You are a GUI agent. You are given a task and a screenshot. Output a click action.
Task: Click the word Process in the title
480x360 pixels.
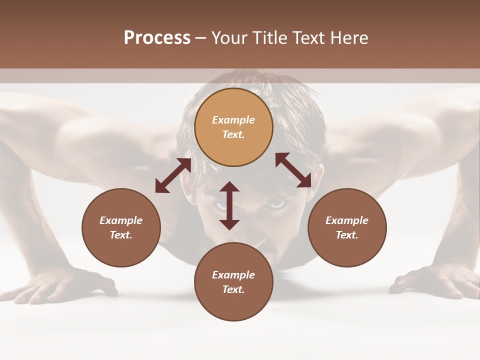(157, 38)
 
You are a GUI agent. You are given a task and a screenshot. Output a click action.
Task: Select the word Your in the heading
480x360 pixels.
(229, 38)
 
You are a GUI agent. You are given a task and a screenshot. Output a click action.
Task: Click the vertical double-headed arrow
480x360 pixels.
(229, 205)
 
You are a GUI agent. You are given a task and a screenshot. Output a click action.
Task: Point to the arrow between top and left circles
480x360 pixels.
(173, 175)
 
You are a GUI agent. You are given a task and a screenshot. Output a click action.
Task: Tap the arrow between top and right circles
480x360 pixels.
(293, 170)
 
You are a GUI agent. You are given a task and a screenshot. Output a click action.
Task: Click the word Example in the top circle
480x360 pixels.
(233, 120)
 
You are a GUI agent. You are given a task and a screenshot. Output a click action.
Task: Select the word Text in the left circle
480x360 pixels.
(121, 235)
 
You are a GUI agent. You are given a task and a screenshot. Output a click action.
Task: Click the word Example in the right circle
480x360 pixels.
(347, 220)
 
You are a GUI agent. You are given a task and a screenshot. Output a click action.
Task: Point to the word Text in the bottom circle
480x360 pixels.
(233, 289)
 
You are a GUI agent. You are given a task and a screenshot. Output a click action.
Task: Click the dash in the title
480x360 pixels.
(200, 38)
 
